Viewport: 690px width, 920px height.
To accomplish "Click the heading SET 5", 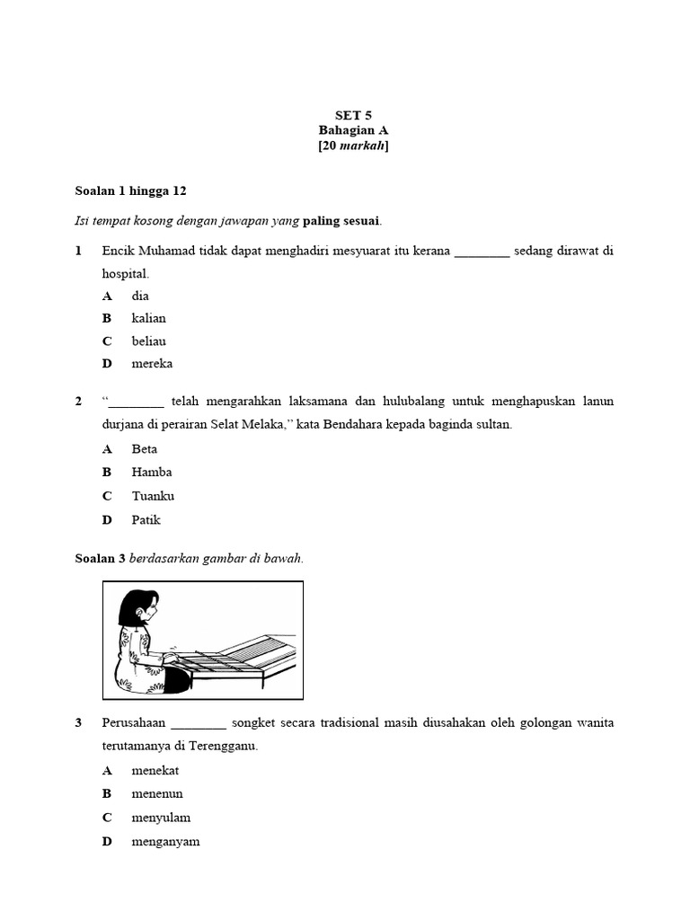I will coord(353,115).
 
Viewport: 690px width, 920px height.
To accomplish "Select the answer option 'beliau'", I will coord(148,341).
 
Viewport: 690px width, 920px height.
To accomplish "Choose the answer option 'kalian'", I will coord(148,318).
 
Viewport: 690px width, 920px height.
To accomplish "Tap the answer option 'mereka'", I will coord(152,364).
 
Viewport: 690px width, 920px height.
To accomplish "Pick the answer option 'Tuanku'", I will coord(153,496).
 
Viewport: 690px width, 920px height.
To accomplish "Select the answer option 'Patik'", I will coord(146,519).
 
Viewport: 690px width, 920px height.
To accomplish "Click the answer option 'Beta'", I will coord(144,448).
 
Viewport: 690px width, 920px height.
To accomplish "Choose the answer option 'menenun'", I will coord(157,793).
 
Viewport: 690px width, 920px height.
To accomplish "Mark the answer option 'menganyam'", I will coord(165,841).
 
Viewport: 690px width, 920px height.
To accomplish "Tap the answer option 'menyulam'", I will coord(161,818).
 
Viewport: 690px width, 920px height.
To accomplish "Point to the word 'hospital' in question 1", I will coord(125,274).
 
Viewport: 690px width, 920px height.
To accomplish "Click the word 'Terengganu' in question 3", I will coord(224,747).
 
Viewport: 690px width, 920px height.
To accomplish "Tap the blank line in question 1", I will coord(482,252).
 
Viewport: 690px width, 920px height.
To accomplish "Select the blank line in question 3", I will coord(199,724).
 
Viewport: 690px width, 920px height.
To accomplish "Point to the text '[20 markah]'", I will coord(353,146).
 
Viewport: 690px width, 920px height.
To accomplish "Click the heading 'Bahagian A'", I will coord(353,130).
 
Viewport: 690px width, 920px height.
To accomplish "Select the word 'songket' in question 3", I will coord(258,722).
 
